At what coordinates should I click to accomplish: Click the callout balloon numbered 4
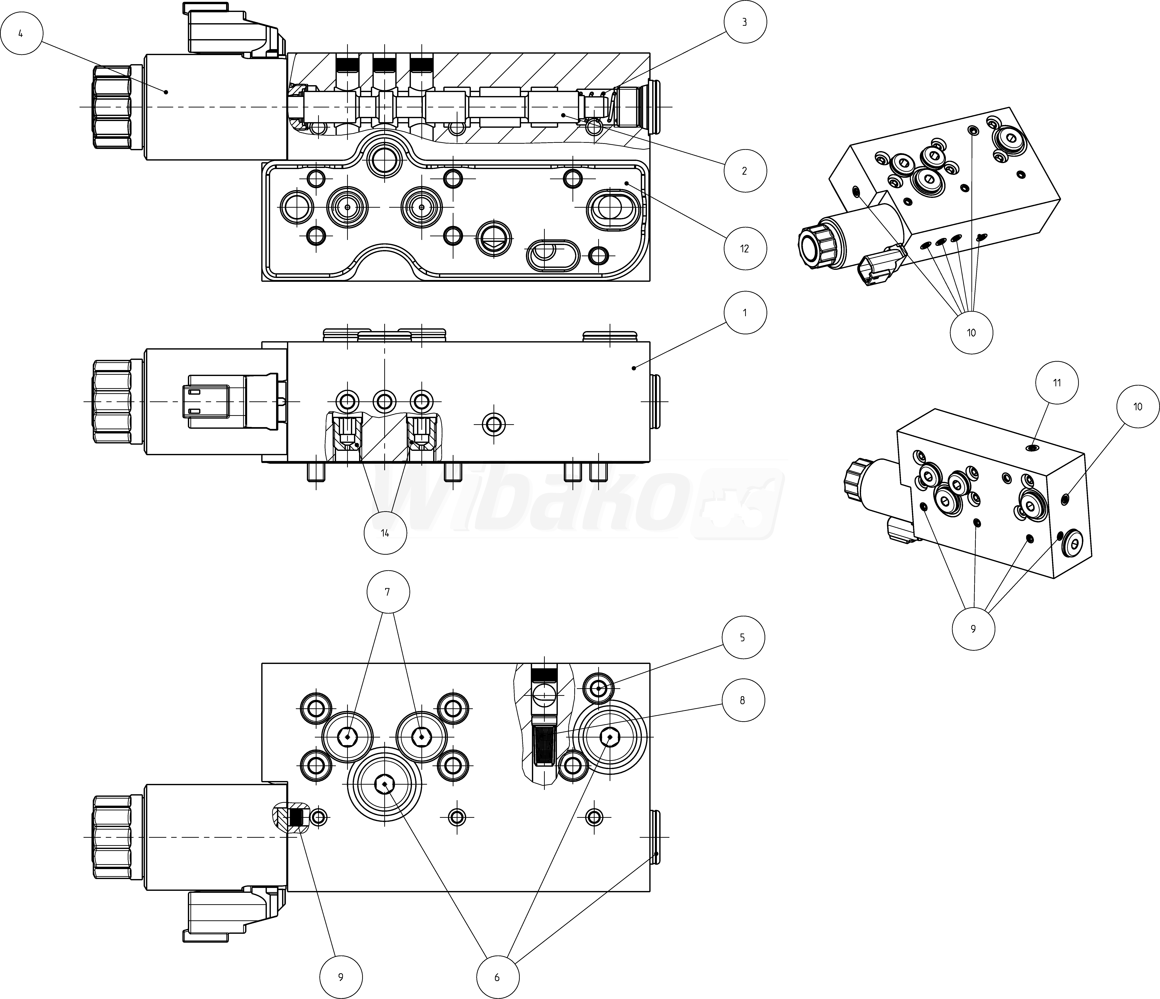pos(21,34)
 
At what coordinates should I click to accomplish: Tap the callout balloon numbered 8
pos(742,700)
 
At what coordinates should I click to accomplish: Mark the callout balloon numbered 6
pos(497,977)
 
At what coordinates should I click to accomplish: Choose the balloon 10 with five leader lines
pos(971,333)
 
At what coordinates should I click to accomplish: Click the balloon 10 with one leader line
pos(1138,407)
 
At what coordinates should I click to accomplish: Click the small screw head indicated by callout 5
pos(598,688)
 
